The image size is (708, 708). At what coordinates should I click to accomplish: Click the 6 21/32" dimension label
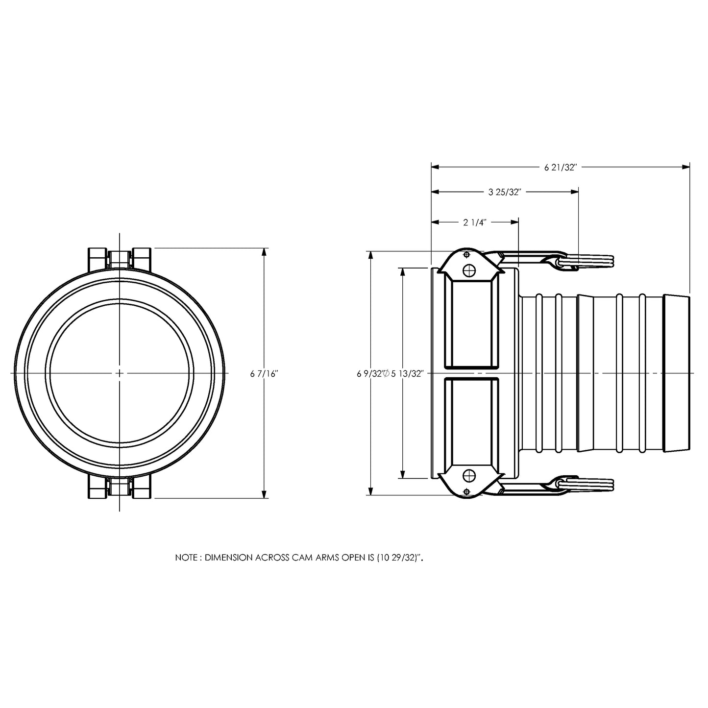coord(561,167)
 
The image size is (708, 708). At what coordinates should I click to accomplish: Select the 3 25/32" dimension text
coord(504,192)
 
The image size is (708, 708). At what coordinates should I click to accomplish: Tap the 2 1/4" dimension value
coord(474,222)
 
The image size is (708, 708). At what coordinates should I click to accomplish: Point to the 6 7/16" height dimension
coord(264,374)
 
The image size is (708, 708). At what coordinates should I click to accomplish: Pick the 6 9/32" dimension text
coord(369,374)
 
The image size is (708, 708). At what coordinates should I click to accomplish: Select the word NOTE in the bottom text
coord(187,558)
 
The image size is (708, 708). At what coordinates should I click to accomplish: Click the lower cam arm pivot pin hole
coord(469,475)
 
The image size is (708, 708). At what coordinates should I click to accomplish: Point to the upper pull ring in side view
coord(588,262)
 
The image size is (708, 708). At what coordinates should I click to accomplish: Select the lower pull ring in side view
coord(588,484)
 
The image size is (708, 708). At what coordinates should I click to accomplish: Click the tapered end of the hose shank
coord(677,373)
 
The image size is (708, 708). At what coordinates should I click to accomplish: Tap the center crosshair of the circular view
coord(120,373)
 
